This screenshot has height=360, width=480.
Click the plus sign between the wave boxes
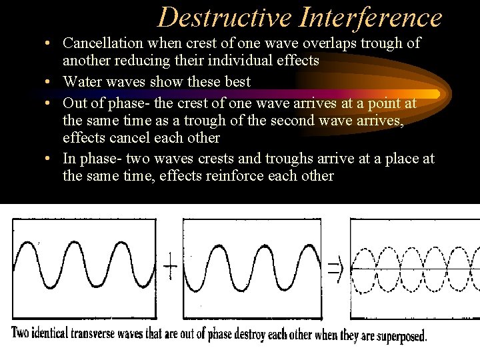pos(171,269)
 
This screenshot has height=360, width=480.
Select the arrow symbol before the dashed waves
pos(335,268)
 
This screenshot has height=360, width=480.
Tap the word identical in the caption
pos(59,333)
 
